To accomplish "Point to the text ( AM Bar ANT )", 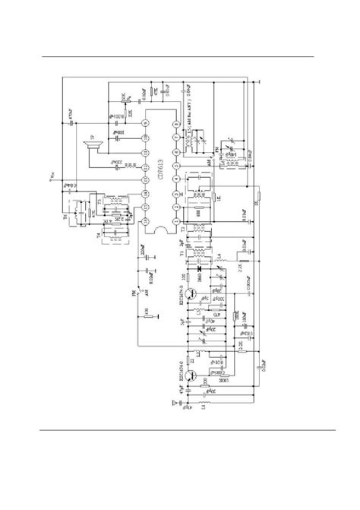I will pos(185,111).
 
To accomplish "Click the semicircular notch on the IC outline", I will pos(159,229).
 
